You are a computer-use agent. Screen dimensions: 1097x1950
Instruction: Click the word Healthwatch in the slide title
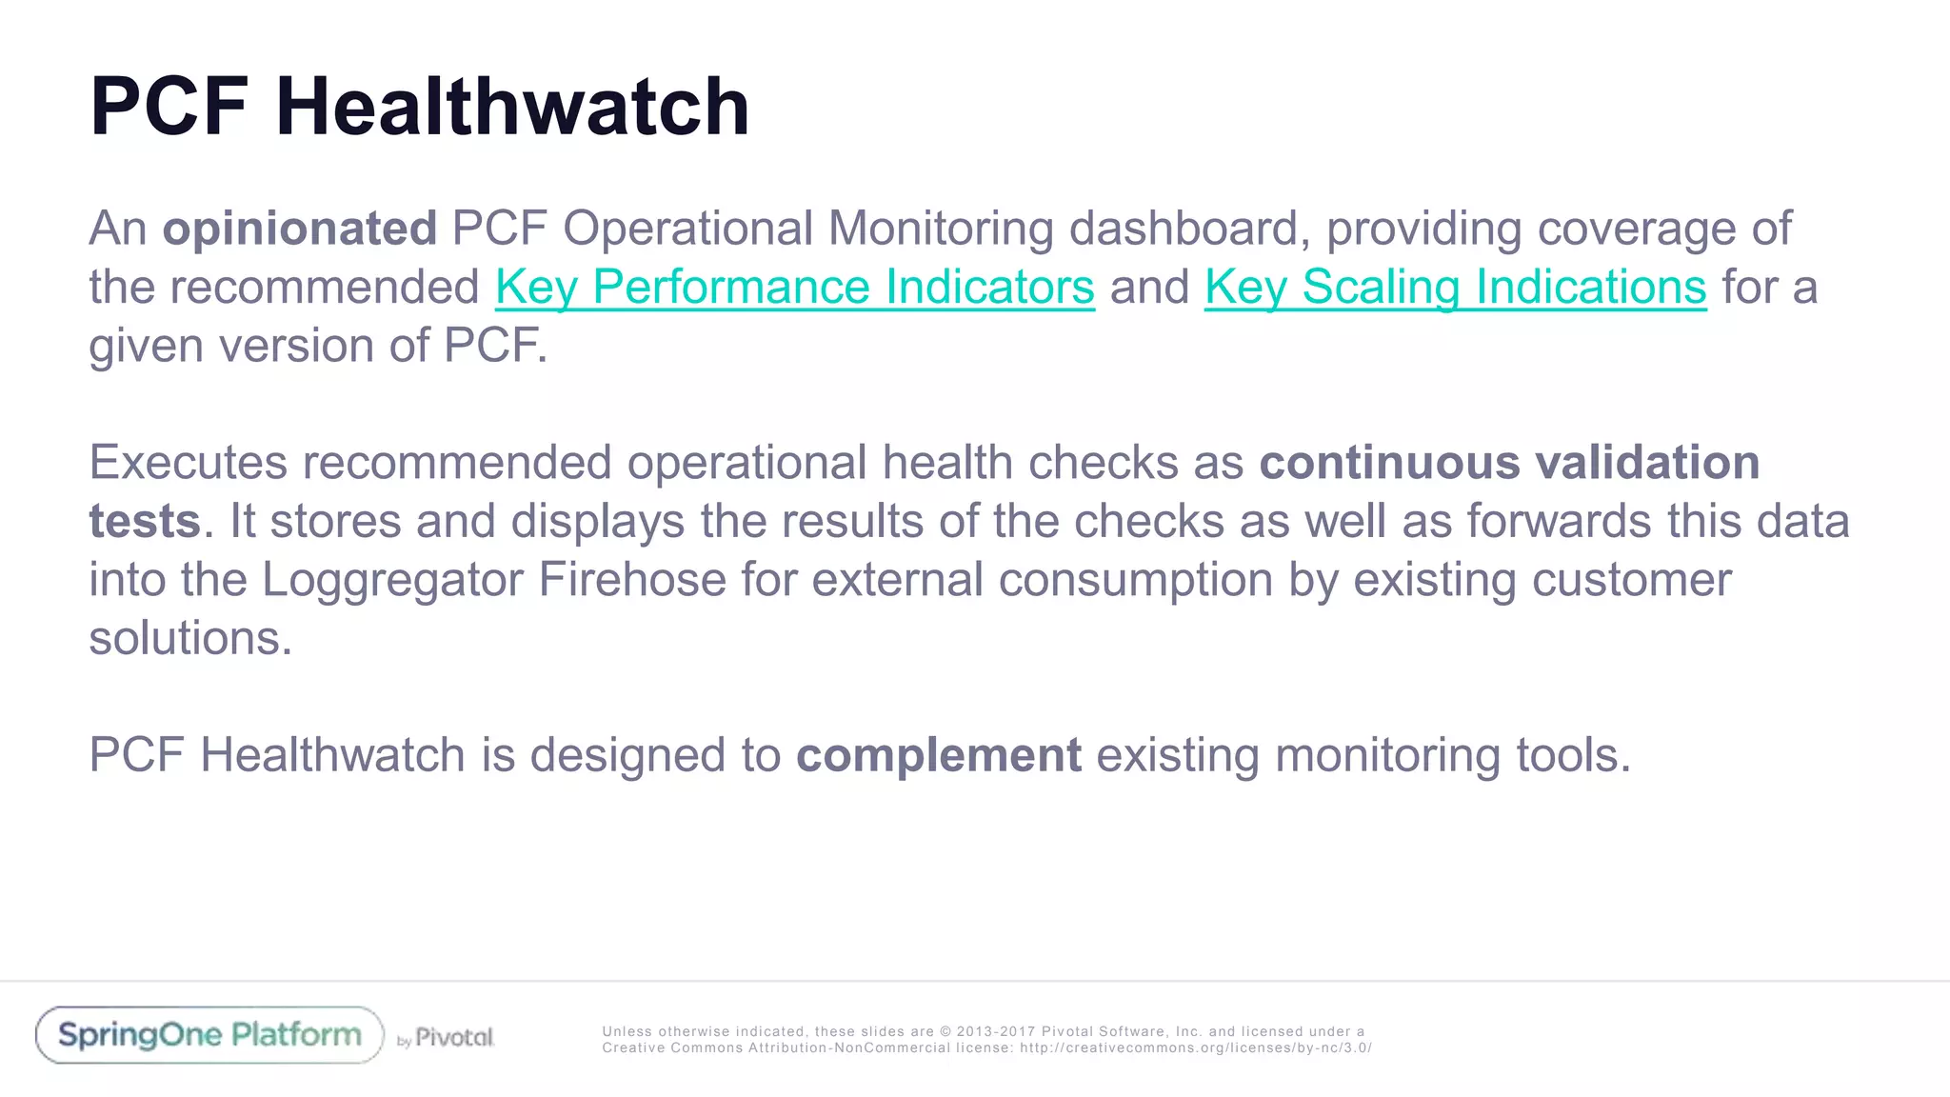(512, 107)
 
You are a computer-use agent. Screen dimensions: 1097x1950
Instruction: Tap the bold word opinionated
(299, 229)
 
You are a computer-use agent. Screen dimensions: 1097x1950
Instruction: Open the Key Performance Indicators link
(794, 287)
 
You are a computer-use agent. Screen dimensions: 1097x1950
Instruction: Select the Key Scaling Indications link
(1455, 287)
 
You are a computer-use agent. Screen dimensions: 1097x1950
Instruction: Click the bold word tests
(145, 522)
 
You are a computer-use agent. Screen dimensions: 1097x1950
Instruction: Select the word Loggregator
(392, 580)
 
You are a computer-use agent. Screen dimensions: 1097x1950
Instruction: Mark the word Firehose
(632, 580)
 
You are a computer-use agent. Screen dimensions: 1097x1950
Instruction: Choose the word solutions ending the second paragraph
(189, 638)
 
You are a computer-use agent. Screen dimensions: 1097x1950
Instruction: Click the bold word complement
(938, 755)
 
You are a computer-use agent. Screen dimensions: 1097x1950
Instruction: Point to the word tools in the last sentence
(1572, 755)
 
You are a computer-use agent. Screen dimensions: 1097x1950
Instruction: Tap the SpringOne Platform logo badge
(209, 1035)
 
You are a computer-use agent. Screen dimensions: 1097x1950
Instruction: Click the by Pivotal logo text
(446, 1038)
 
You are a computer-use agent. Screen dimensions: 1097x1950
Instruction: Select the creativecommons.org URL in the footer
(1195, 1047)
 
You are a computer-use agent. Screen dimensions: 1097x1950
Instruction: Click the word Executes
(188, 463)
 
